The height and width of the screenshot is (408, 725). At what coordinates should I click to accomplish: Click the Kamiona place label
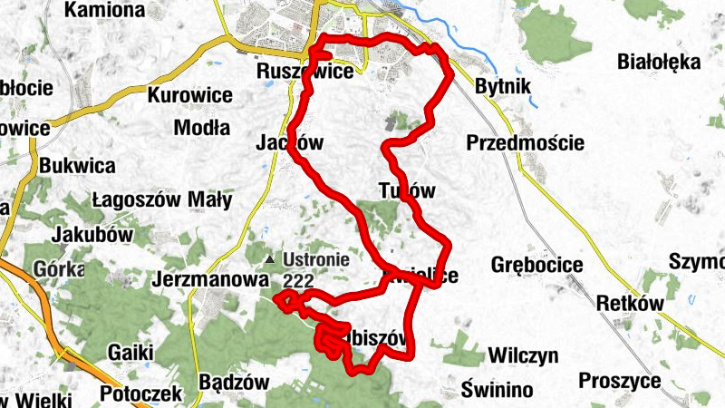(x=105, y=11)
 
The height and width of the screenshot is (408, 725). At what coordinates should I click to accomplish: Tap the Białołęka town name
(x=659, y=62)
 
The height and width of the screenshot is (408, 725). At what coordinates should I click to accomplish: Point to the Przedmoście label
(x=526, y=143)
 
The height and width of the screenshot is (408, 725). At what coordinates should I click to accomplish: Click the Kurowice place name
(x=190, y=94)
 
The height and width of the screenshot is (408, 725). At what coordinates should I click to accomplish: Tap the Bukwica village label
(x=77, y=166)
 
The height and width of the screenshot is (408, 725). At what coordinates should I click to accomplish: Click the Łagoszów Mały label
(x=161, y=199)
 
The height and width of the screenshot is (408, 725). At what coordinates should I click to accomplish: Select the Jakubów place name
(x=93, y=234)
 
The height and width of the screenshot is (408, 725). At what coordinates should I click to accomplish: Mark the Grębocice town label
(x=536, y=265)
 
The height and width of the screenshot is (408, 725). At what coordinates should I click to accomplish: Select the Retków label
(x=631, y=304)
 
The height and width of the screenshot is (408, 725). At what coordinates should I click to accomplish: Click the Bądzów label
(x=234, y=382)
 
